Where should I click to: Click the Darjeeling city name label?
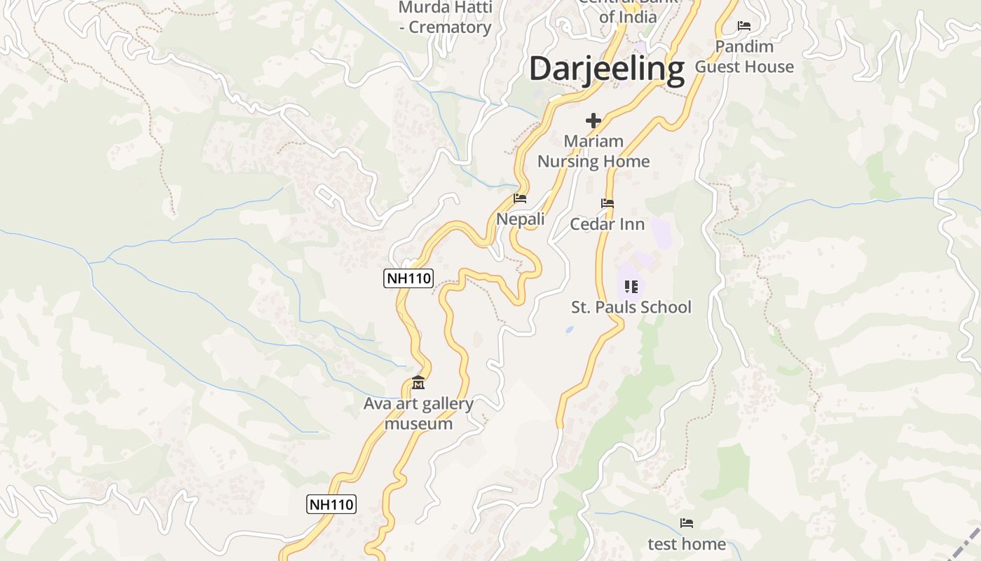point(606,69)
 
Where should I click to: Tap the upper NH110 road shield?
point(409,278)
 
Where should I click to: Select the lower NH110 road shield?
point(331,503)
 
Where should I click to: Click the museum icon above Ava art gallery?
point(418,383)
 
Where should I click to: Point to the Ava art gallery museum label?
point(418,414)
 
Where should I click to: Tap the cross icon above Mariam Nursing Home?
point(594,121)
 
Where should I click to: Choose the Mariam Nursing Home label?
point(594,151)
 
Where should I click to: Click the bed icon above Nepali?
point(520,198)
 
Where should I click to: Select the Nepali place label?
point(520,219)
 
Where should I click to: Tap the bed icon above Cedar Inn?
point(608,203)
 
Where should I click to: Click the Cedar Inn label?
point(608,224)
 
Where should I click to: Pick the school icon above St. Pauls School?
point(631,286)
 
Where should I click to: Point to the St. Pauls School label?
point(631,307)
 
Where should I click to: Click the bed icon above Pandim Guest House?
point(744,26)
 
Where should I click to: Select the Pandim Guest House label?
point(744,57)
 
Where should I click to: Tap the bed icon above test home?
point(687,523)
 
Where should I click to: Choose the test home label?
point(687,544)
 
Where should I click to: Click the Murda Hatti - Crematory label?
point(446,18)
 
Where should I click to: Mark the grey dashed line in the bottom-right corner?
point(968,543)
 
